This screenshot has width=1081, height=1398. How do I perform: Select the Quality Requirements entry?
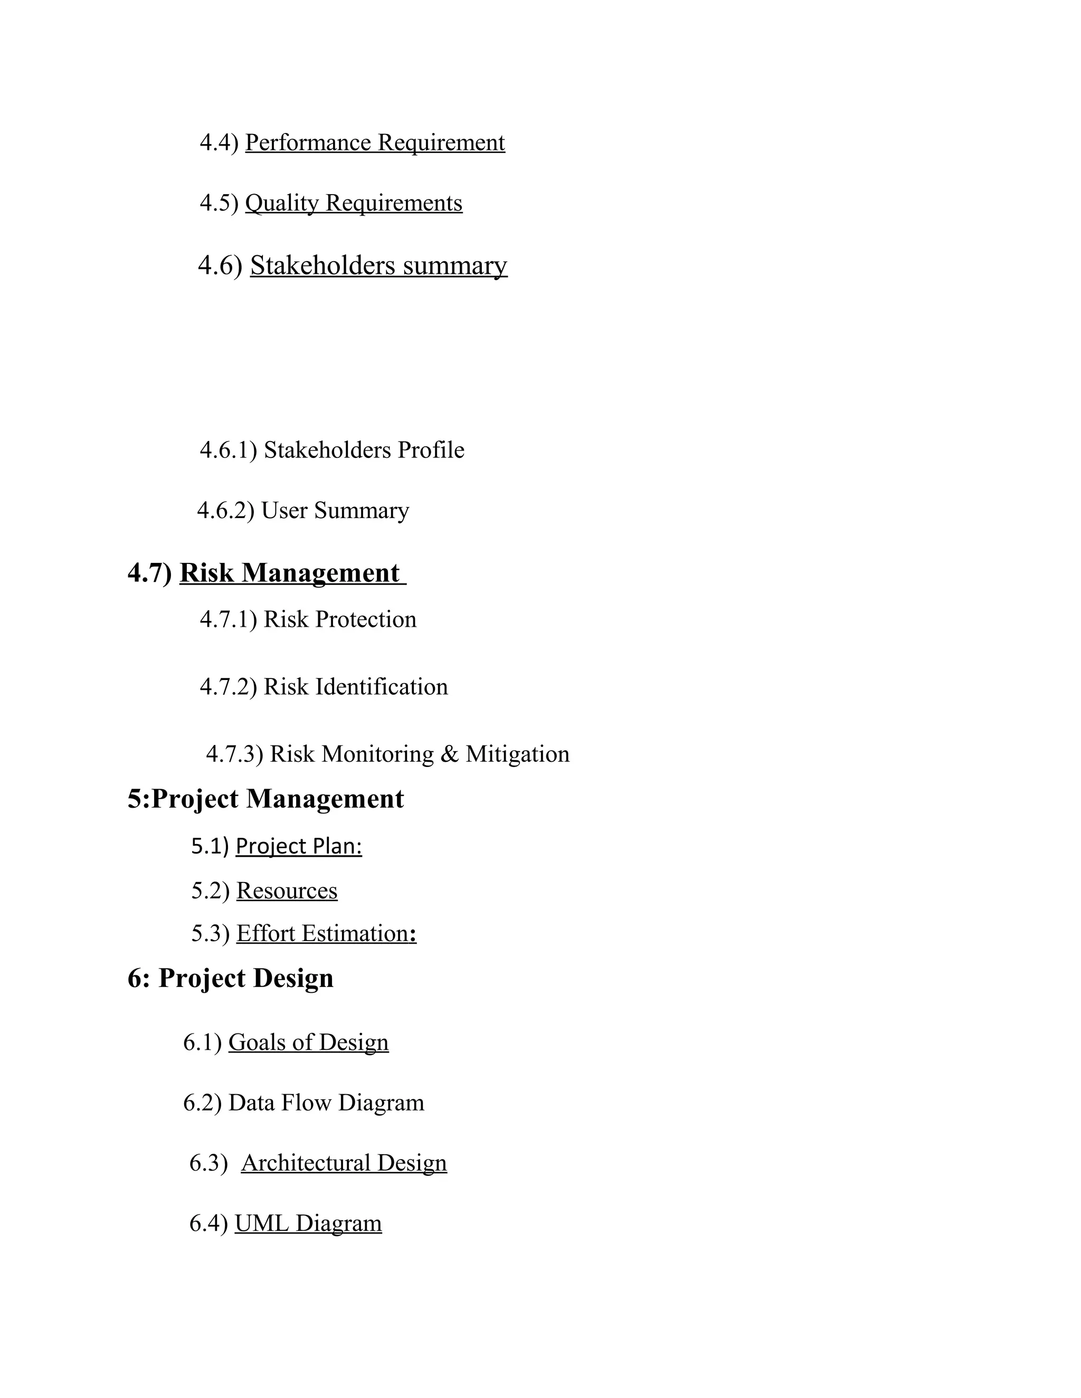[354, 203]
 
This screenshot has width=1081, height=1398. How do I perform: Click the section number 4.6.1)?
[228, 450]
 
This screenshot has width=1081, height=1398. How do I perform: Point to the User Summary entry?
[335, 510]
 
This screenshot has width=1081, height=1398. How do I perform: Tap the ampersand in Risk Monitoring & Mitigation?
[450, 754]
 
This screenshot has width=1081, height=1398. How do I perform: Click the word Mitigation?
[517, 754]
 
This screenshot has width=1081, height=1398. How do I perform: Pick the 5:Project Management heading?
[266, 799]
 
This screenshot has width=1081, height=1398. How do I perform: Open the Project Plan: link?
[298, 846]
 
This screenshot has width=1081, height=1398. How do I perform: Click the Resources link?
[287, 890]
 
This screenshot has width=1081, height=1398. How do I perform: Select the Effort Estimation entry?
[325, 933]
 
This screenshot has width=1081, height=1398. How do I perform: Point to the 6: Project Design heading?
[231, 978]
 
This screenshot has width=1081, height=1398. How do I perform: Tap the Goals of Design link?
[308, 1042]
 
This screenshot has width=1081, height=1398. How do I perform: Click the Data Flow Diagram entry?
[326, 1102]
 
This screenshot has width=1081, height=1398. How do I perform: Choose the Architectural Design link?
[344, 1162]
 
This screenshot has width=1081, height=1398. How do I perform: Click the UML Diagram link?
[308, 1223]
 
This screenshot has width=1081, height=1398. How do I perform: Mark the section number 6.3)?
[208, 1162]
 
